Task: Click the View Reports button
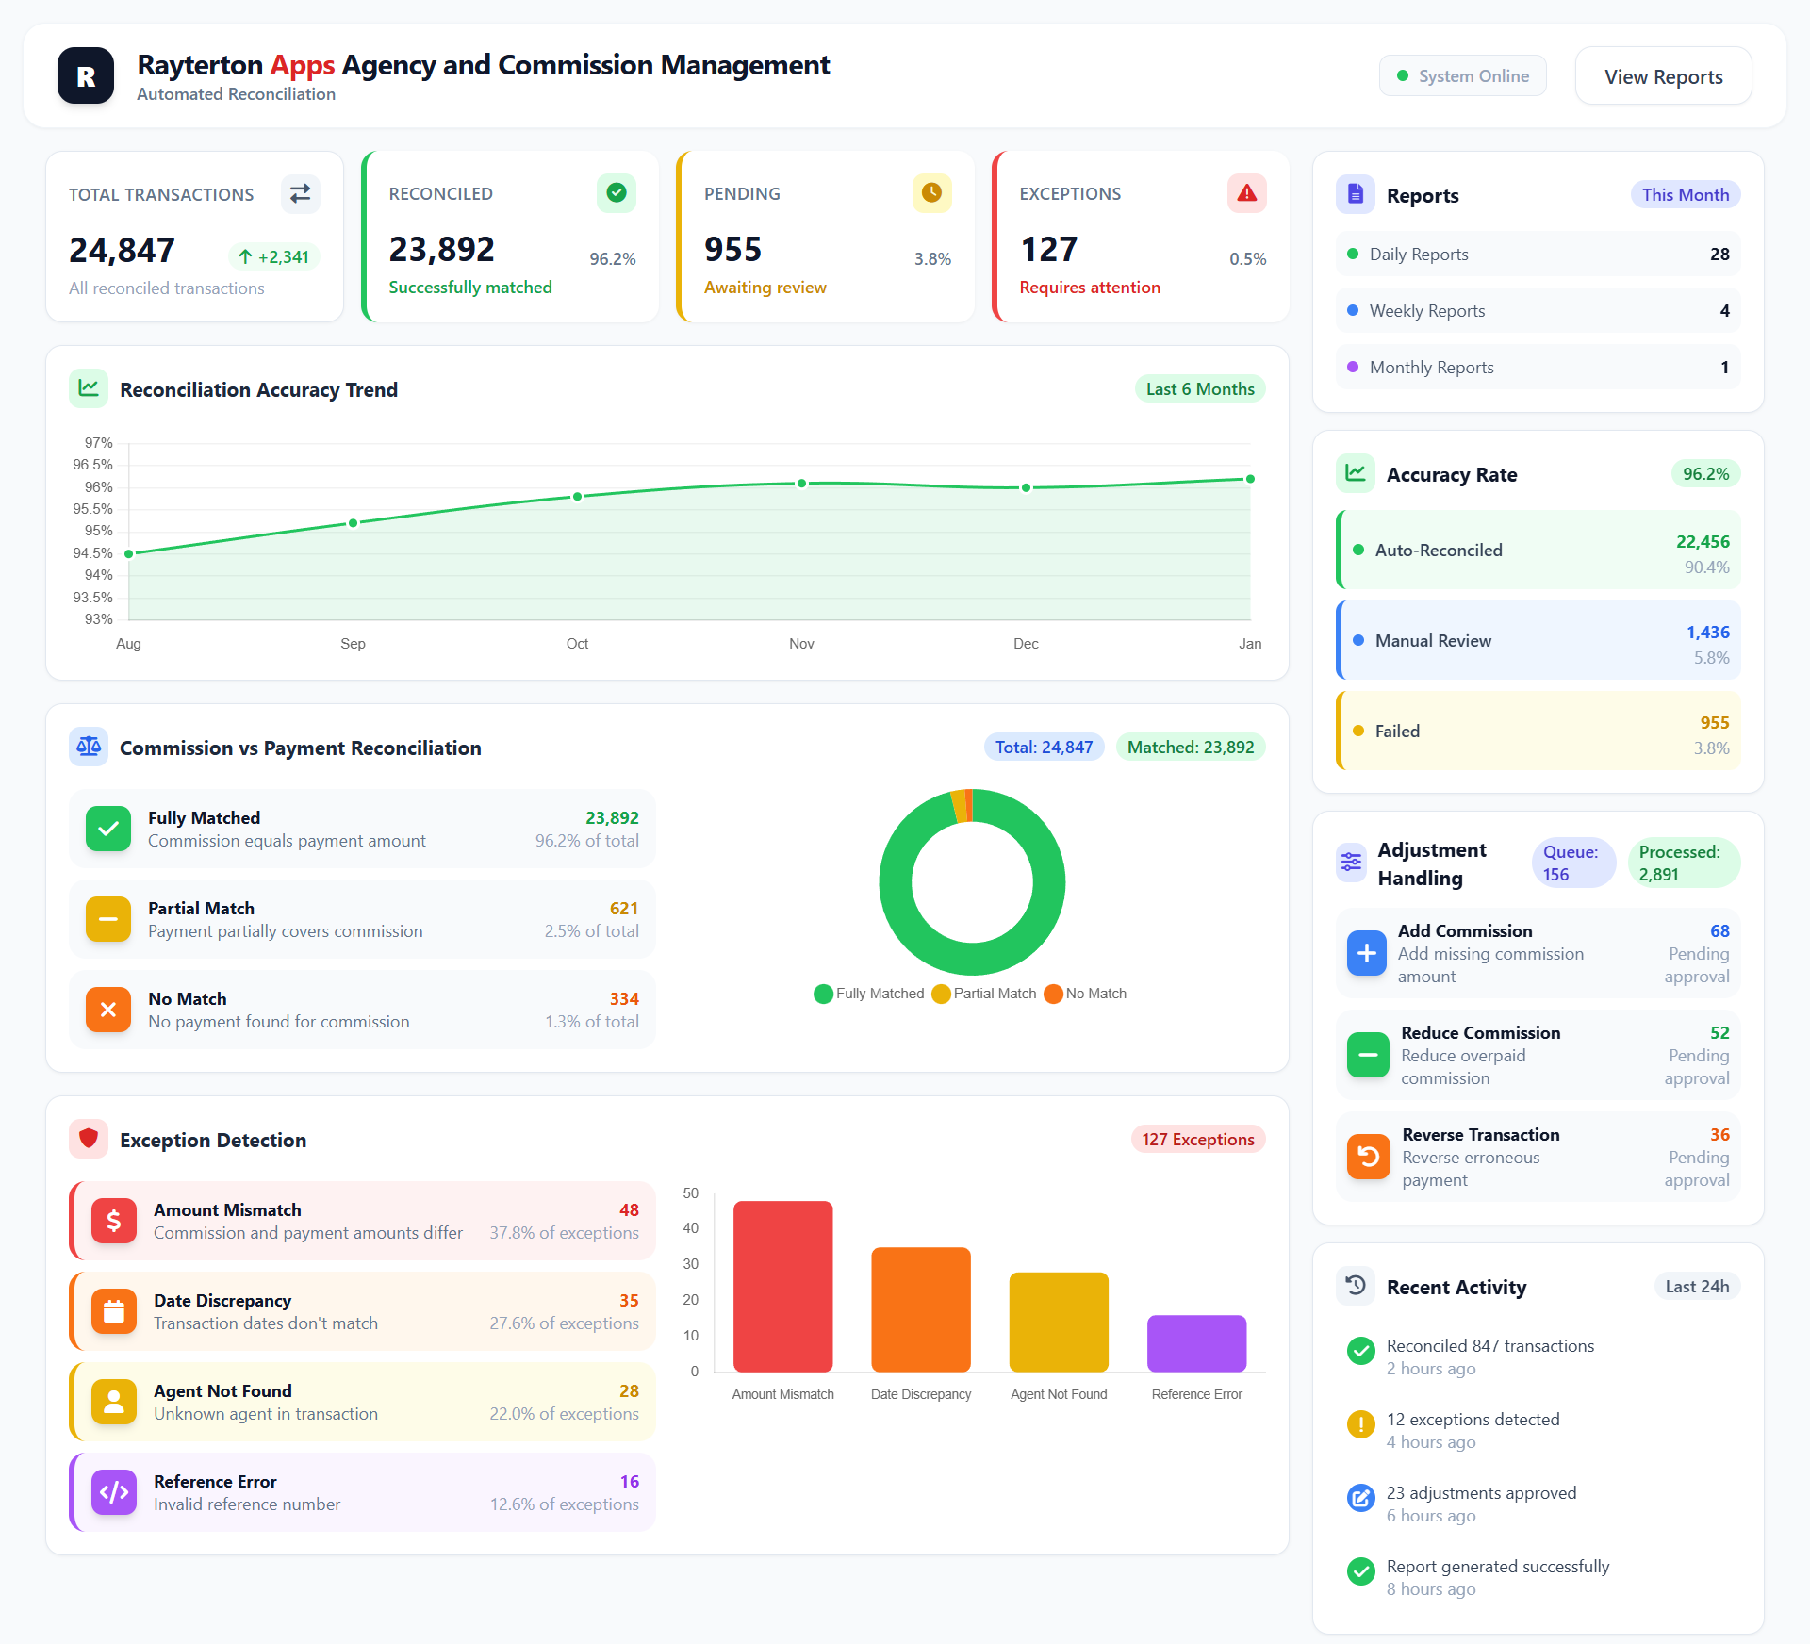tap(1663, 76)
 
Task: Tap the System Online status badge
tap(1462, 76)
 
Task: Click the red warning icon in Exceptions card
tap(1246, 193)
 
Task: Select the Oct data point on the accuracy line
tap(578, 497)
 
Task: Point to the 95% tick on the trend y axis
tap(98, 531)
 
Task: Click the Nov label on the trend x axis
tap(801, 644)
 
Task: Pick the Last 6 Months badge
tap(1199, 389)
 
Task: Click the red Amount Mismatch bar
tap(782, 1286)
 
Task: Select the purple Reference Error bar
tap(1196, 1343)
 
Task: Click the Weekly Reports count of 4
tap(1724, 311)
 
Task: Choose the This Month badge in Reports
tap(1685, 195)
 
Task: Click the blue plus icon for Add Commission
tap(1366, 953)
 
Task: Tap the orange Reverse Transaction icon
tap(1368, 1157)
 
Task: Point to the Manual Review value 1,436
tap(1707, 633)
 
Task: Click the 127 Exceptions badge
tap(1197, 1140)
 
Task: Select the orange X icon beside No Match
tap(108, 1010)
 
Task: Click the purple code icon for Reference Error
tap(114, 1492)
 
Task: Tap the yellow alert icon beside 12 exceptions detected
tap(1360, 1424)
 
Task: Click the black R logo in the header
tap(86, 76)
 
